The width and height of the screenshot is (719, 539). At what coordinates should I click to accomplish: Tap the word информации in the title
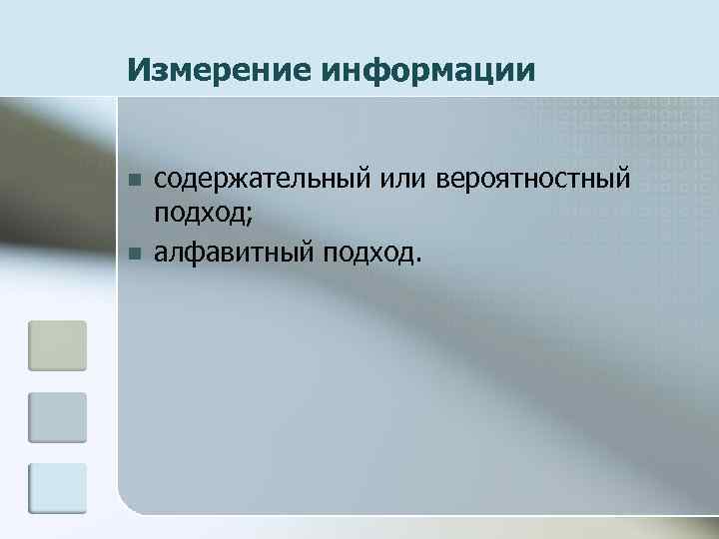[x=429, y=71]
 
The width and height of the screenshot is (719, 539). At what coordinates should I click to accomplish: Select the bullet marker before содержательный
[x=134, y=181]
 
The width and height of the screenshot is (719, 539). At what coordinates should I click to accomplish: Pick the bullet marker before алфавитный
[x=134, y=254]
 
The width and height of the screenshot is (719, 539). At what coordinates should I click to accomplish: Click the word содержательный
[x=262, y=181]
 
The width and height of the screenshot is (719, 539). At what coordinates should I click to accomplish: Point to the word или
[x=403, y=181]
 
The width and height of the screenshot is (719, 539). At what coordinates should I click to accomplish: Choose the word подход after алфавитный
[x=365, y=254]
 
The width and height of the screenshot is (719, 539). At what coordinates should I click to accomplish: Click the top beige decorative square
[x=57, y=345]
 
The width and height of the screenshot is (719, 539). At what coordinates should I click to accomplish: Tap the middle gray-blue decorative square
[x=57, y=417]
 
